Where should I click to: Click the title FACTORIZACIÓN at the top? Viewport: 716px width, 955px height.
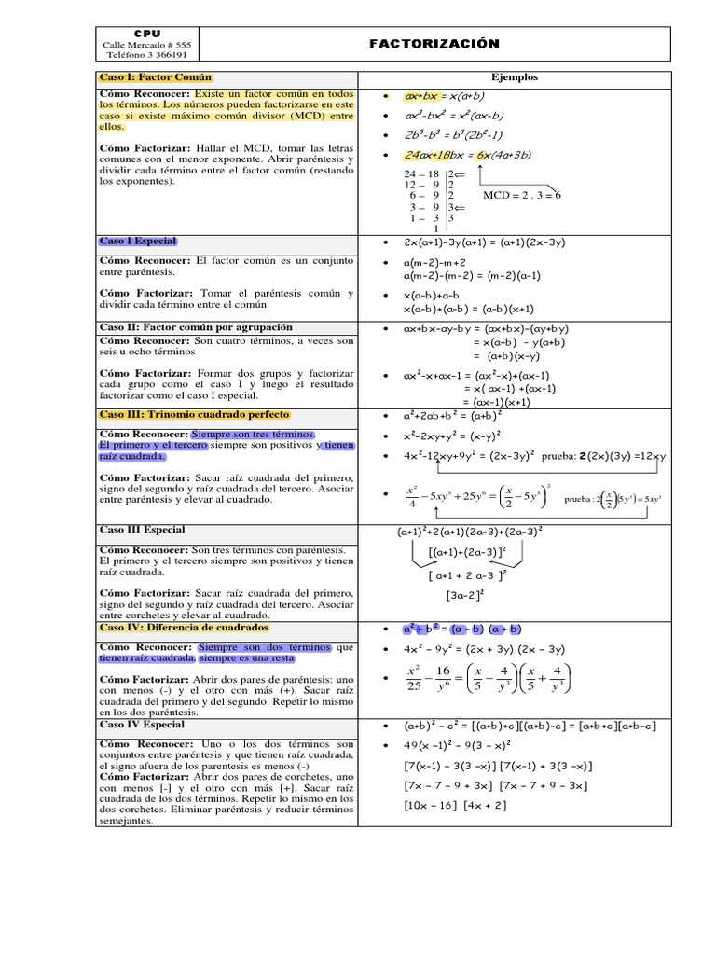[434, 44]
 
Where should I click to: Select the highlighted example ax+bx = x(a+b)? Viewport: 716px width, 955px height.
[444, 96]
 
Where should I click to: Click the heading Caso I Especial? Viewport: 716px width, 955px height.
[138, 242]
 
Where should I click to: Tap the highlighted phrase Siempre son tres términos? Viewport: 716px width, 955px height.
[254, 435]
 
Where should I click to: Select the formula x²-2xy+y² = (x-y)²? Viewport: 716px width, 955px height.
[451, 436]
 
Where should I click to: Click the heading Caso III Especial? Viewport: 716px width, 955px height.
[142, 530]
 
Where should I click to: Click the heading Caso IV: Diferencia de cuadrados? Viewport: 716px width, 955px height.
[184, 628]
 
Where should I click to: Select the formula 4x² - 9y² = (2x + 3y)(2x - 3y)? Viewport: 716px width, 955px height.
[484, 649]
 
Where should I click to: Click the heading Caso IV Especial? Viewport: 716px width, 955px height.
[142, 725]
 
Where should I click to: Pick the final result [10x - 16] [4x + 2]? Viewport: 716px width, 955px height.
[455, 805]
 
